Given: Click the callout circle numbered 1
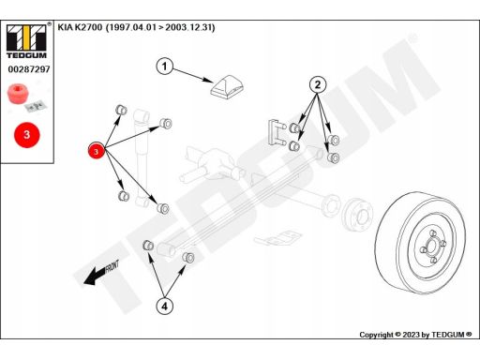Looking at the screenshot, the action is click(x=164, y=67).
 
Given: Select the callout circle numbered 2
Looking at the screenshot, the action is click(x=318, y=84).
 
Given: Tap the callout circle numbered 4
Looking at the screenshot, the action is click(x=164, y=307).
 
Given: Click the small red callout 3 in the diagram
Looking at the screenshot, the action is click(x=97, y=151).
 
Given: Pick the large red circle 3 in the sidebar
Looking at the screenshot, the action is click(x=27, y=135).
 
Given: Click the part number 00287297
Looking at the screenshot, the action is click(x=29, y=69).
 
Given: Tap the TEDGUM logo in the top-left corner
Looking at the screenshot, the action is click(x=27, y=40).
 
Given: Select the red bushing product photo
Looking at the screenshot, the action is click(x=19, y=94).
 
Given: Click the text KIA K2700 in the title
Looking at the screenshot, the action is click(x=80, y=27).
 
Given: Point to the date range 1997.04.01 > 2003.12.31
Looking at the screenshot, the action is click(x=160, y=27).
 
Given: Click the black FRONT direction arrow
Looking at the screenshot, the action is click(x=100, y=273).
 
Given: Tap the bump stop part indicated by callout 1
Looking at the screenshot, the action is click(x=227, y=86).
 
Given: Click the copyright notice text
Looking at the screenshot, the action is click(x=415, y=335).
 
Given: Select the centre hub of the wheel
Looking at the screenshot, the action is click(x=433, y=246).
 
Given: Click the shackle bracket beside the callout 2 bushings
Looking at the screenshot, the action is click(x=276, y=132).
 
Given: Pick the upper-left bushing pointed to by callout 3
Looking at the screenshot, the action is click(x=121, y=110).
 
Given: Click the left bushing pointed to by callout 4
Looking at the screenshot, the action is click(x=148, y=245).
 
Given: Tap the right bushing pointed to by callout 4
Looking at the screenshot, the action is click(x=188, y=257).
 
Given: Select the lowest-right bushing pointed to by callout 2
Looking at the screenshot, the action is click(x=333, y=157).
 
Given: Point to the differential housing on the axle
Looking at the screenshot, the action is click(x=216, y=164).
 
